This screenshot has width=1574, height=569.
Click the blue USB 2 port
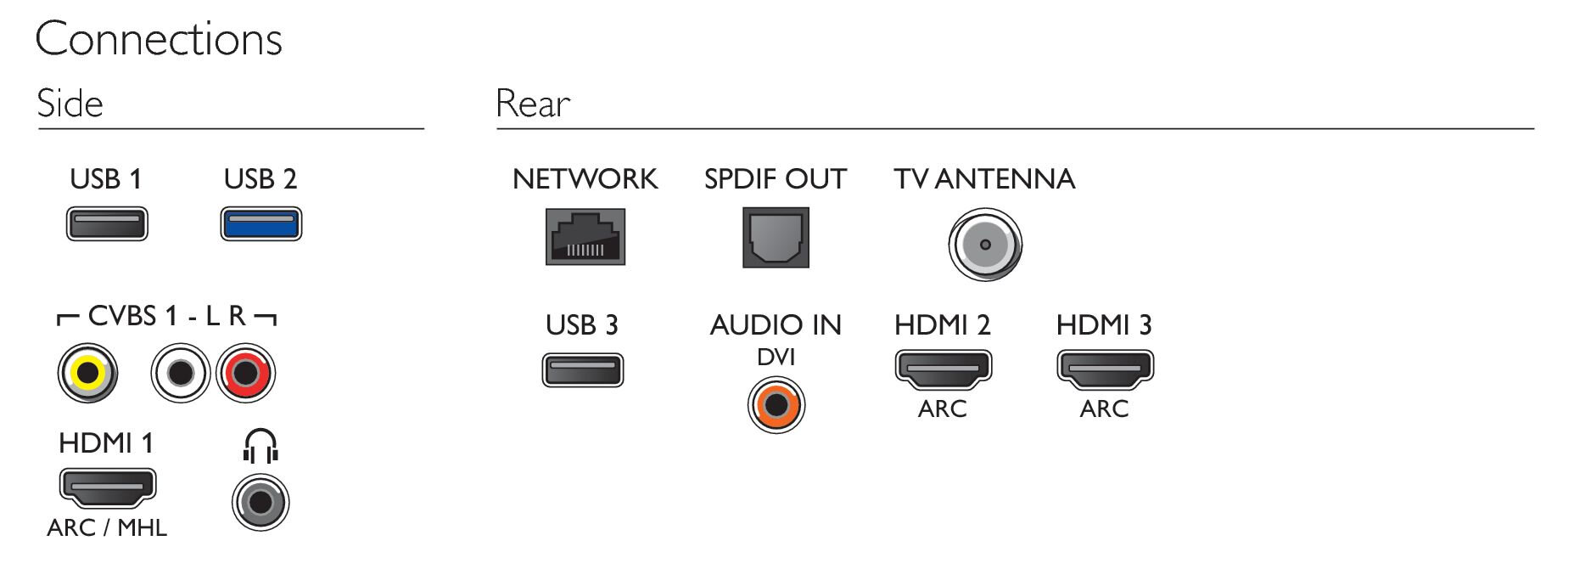(x=260, y=224)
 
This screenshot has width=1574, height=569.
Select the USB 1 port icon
(x=107, y=224)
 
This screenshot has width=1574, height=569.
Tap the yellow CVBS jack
(x=87, y=373)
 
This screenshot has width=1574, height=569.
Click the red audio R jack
(x=246, y=373)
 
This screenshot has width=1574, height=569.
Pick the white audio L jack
(x=180, y=373)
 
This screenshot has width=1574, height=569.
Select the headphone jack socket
(x=260, y=502)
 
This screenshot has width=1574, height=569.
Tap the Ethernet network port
(x=585, y=237)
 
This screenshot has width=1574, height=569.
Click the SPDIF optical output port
(x=776, y=238)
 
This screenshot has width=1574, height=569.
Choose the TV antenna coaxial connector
(x=984, y=245)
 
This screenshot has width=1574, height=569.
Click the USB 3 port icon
(x=583, y=370)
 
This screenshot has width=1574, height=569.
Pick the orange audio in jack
(x=776, y=405)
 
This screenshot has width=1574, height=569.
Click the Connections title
(x=159, y=39)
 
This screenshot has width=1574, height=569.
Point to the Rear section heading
(x=533, y=104)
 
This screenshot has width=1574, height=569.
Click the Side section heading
(x=70, y=104)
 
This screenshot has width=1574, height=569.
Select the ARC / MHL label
(x=107, y=527)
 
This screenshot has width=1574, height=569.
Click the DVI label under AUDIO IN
(x=776, y=357)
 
